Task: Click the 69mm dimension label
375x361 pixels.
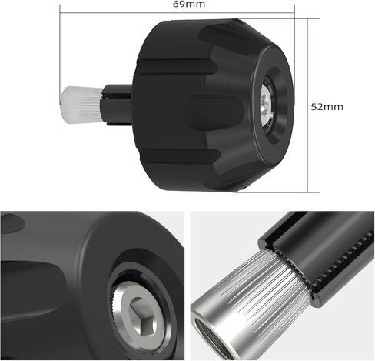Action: click(189, 4)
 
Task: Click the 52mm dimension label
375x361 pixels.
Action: click(327, 107)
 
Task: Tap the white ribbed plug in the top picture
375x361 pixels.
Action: click(81, 105)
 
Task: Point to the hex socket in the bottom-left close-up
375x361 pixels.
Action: click(144, 316)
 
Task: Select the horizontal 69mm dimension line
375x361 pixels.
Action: click(177, 12)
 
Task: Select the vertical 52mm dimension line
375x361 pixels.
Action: click(307, 105)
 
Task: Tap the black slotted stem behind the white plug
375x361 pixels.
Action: click(117, 105)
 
